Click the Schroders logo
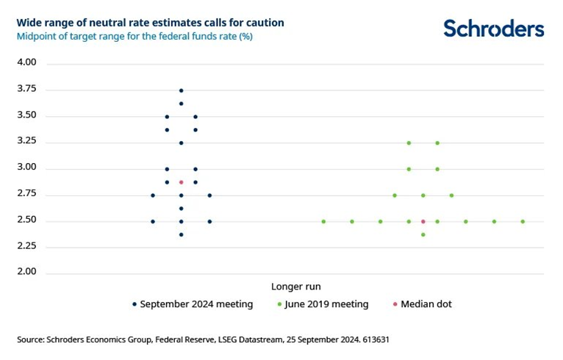[x=494, y=28]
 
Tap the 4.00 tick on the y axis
[x=26, y=63]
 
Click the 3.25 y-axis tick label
[x=26, y=142]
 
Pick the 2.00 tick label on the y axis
[x=26, y=273]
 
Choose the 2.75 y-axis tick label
[x=26, y=195]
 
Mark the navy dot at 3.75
[x=182, y=90]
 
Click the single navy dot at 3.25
[x=182, y=143]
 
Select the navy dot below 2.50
[x=182, y=234]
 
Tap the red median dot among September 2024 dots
[x=182, y=181]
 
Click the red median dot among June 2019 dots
[x=423, y=221]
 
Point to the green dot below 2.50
[x=423, y=234]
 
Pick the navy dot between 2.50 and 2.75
[x=182, y=208]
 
